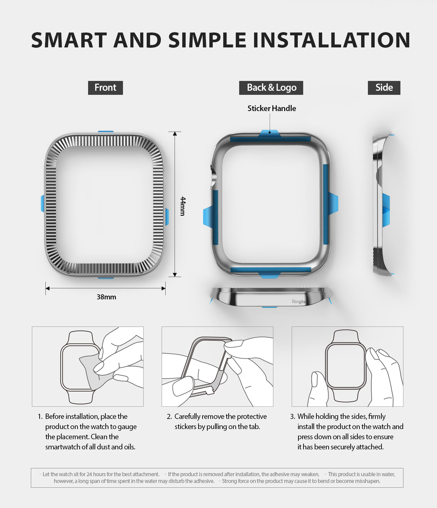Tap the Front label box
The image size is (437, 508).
(105, 88)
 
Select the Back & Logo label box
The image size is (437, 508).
(271, 88)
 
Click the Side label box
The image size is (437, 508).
(384, 88)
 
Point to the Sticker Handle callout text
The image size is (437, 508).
(272, 108)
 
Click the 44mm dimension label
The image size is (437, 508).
(183, 206)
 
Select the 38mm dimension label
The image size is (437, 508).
(106, 297)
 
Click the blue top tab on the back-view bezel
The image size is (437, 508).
(269, 133)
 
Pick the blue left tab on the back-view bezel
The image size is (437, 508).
(207, 217)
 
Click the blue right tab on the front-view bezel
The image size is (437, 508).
(167, 217)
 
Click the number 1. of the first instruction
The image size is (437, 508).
(40, 417)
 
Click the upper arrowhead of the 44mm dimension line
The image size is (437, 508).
(175, 134)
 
